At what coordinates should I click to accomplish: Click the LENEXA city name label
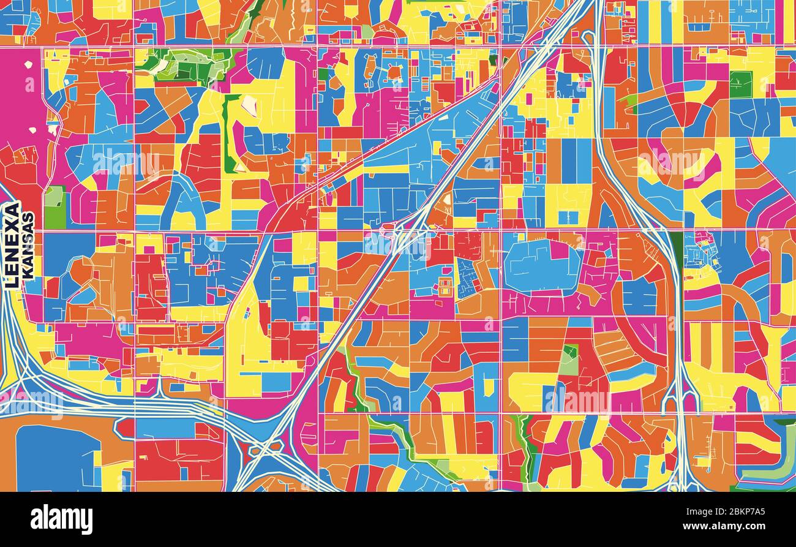[12, 245]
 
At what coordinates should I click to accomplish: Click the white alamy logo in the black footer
[61, 519]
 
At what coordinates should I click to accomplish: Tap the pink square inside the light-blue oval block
[558, 250]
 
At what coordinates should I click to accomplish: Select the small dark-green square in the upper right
[740, 85]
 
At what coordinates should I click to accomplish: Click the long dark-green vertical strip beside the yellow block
[228, 135]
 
